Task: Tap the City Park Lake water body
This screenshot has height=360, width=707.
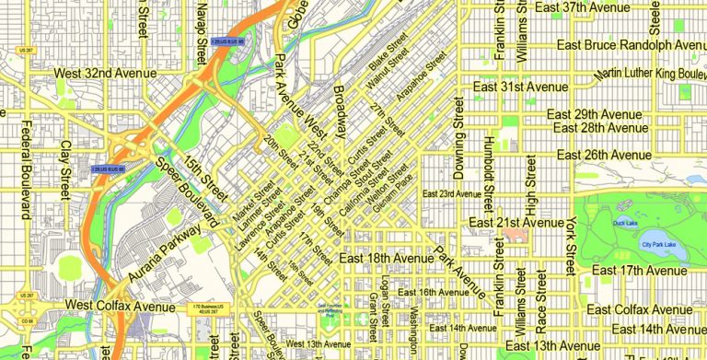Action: click(x=658, y=244)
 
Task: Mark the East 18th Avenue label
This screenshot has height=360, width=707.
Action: click(x=386, y=261)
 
